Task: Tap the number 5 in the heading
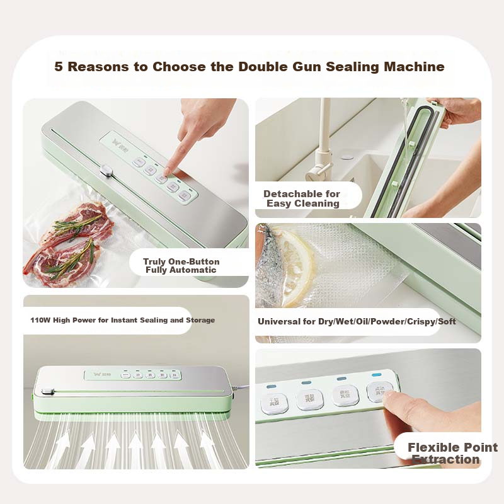pos(59,67)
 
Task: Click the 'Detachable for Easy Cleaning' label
pos(302,198)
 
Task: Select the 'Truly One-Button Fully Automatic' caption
pos(181,266)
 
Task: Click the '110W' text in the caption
pos(41,320)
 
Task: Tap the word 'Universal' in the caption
pos(281,322)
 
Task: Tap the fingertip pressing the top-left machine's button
pos(168,170)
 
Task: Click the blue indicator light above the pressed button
pos(377,375)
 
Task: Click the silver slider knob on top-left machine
pos(106,170)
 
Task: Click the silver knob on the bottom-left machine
pos(47,393)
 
